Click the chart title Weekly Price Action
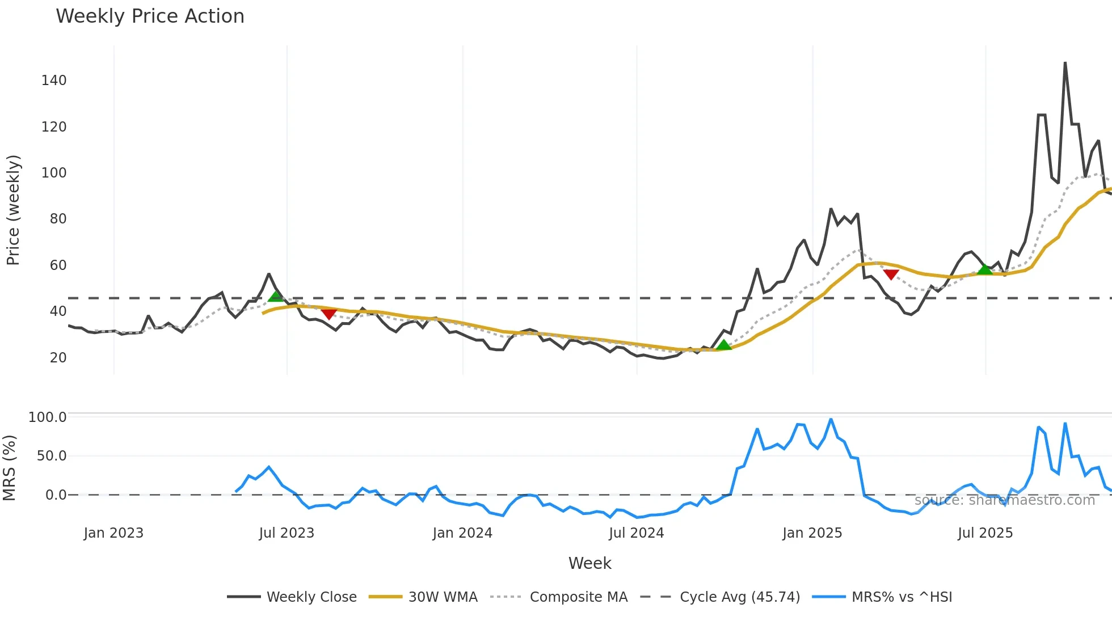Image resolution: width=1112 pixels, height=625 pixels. (150, 16)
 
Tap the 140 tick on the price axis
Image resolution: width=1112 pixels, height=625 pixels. (54, 81)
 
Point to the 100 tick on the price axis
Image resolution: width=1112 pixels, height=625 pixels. (54, 173)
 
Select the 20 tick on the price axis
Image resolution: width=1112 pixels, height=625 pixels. (58, 358)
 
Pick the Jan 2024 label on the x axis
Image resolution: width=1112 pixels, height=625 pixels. (462, 533)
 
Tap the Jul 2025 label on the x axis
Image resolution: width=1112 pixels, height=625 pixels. (985, 533)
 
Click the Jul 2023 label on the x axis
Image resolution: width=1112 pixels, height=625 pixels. (287, 533)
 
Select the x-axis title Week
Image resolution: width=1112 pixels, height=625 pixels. (589, 563)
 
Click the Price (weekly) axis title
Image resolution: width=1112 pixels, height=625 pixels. (13, 210)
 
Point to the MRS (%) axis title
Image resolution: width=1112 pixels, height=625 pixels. (10, 468)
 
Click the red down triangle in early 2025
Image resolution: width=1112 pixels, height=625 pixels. (891, 275)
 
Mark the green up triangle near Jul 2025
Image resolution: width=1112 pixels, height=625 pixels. (985, 269)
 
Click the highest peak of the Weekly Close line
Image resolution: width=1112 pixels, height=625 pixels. (1065, 63)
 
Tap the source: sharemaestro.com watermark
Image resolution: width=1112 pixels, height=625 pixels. (1004, 500)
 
